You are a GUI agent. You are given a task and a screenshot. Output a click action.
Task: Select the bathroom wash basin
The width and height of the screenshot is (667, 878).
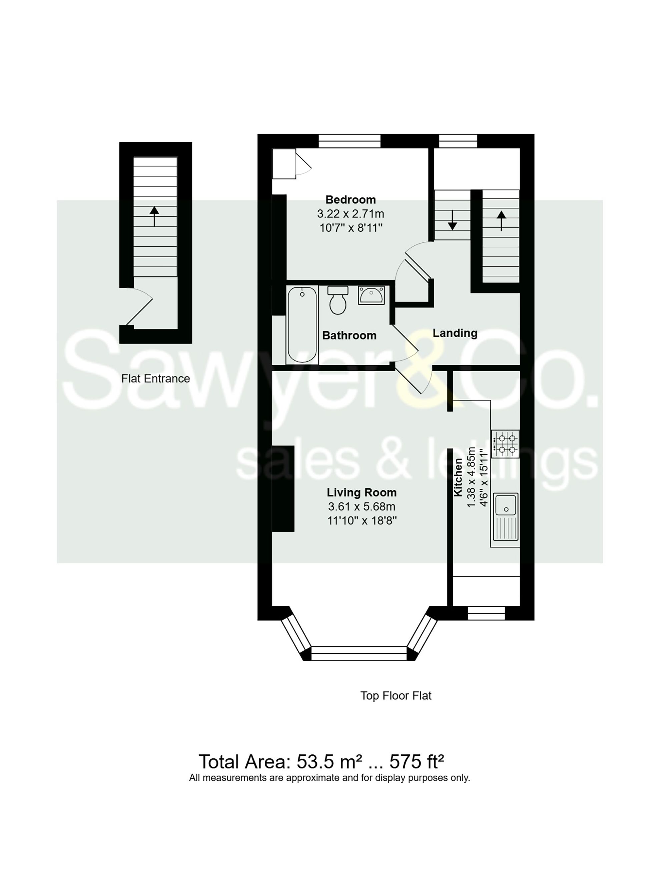click(x=371, y=296)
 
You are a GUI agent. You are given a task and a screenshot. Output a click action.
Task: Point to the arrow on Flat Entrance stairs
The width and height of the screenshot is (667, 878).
click(x=154, y=216)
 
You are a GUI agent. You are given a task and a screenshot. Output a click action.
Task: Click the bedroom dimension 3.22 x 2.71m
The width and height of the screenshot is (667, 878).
click(x=350, y=214)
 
